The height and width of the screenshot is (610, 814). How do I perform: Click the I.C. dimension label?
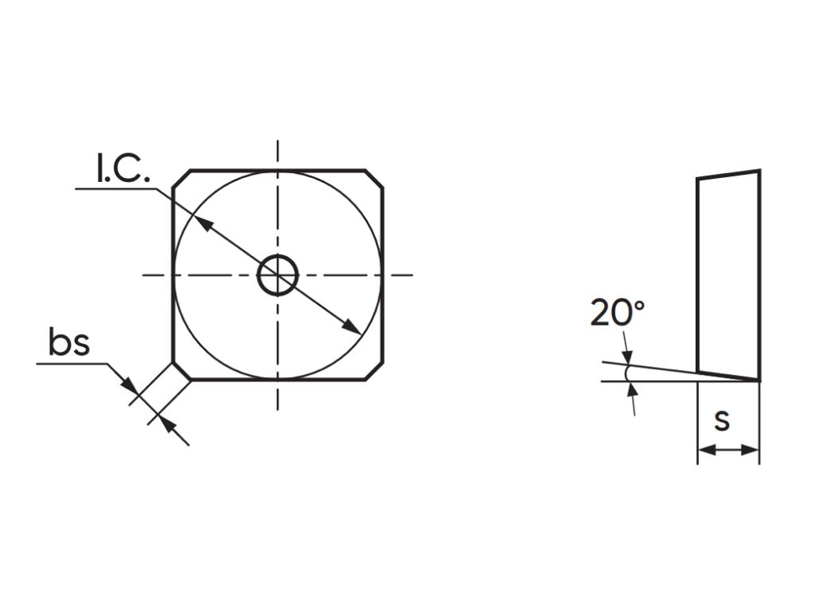point(123,168)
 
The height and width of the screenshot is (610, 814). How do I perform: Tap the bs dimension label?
point(69,342)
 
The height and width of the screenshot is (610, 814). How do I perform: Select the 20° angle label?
point(617,312)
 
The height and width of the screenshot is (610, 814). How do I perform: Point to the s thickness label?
point(722,421)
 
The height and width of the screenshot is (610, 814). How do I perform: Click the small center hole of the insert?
point(277,256)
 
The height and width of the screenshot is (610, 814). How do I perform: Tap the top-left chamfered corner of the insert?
point(181,178)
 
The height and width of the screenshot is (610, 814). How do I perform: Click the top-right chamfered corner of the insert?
point(374,178)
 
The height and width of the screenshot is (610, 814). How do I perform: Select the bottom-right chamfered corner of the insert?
point(374,372)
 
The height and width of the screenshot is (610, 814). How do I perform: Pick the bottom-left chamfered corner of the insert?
point(181,372)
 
